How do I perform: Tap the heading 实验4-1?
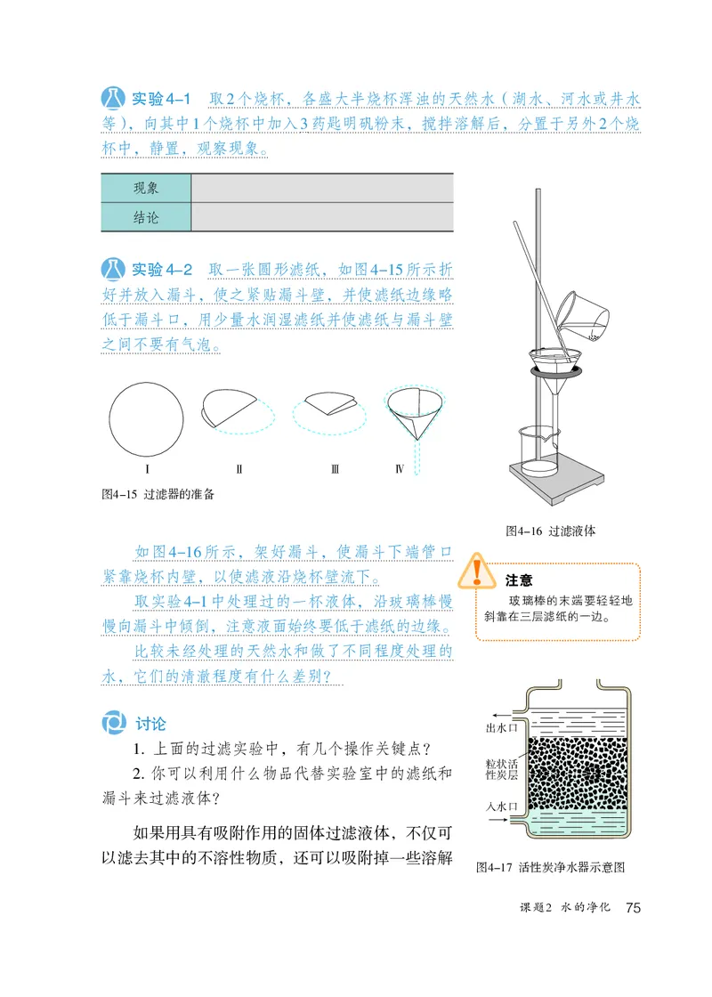(161, 99)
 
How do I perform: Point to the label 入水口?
(502, 807)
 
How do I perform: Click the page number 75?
(634, 908)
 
